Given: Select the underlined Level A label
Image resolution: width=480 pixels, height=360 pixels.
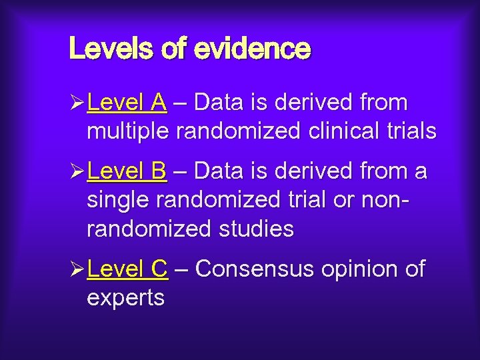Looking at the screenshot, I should pos(127,103).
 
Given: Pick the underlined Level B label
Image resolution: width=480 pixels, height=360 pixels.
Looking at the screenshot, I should pos(127,171).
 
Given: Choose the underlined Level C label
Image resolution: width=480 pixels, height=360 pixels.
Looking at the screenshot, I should pos(127,269).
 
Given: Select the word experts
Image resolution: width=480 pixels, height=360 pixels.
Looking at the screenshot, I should pos(125,298).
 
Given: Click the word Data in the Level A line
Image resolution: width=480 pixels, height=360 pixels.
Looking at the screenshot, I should pos(219,103).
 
